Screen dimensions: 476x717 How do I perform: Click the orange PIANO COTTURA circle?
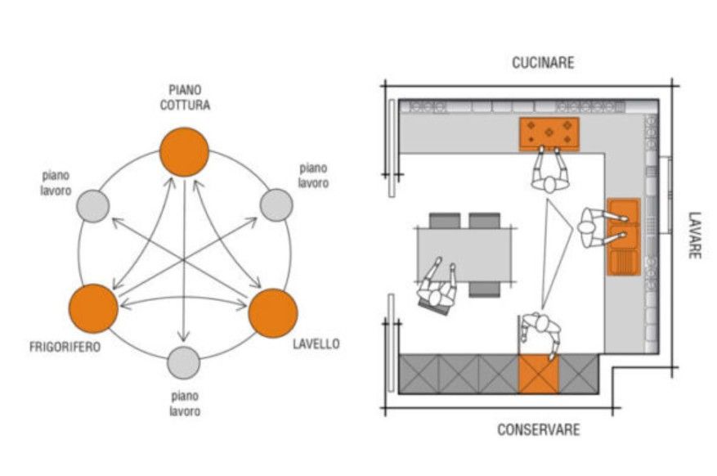pyautogui.click(x=184, y=151)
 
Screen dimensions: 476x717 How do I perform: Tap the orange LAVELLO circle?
pyautogui.click(x=272, y=312)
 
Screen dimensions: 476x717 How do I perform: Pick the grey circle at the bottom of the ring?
pyautogui.click(x=183, y=362)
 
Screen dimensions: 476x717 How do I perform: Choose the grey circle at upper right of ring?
pyautogui.click(x=276, y=204)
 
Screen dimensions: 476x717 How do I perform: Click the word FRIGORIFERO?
pyautogui.click(x=65, y=347)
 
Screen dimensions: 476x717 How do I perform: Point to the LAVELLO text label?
pyautogui.click(x=316, y=344)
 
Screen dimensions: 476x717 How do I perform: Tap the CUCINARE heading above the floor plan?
pyautogui.click(x=543, y=62)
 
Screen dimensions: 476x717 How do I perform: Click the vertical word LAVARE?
pyautogui.click(x=693, y=236)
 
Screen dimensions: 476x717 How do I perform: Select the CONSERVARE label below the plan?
pyautogui.click(x=539, y=429)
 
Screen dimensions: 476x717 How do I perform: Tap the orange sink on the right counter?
pyautogui.click(x=624, y=236)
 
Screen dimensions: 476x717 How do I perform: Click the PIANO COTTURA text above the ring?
pyautogui.click(x=185, y=97)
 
